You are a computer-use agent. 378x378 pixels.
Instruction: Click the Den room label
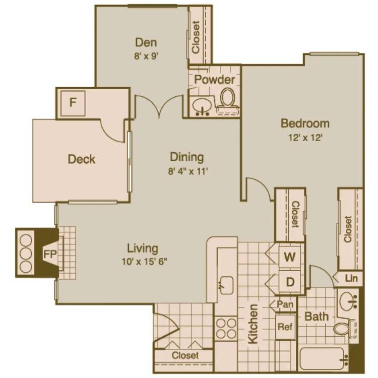point(146,42)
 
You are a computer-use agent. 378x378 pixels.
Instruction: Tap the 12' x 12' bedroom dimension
point(305,137)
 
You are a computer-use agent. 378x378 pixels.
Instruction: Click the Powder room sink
point(203,106)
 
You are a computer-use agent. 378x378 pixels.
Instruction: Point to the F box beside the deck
point(73,103)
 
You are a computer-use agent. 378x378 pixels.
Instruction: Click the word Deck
point(82,159)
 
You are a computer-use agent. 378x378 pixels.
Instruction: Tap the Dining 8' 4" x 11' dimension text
point(186,171)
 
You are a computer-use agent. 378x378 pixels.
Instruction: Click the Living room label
point(143,248)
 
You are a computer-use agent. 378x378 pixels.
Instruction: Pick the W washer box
point(289,256)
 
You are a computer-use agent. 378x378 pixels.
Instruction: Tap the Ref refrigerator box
point(285,327)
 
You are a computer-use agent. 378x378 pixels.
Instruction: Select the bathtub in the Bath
point(323,359)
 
